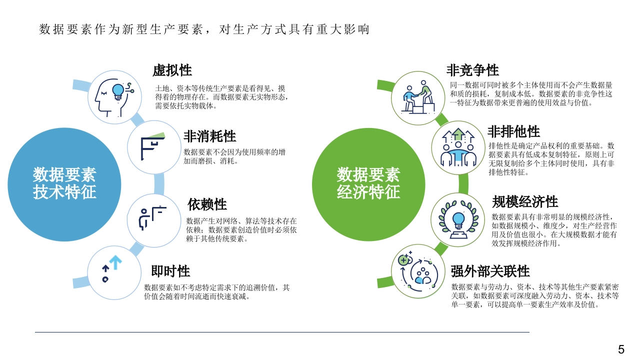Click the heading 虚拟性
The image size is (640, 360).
coord(172,70)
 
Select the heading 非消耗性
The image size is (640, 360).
coord(209,136)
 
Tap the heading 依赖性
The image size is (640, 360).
coord(207,204)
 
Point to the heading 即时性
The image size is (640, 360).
coord(170,271)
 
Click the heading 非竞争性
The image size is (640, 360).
coord(472,70)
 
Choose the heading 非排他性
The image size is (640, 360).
coord(513,131)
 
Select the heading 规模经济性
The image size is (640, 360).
coord(525,201)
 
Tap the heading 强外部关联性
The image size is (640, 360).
coord(490,271)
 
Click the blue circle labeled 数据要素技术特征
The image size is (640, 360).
coord(64,184)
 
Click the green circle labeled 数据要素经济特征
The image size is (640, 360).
coord(368,184)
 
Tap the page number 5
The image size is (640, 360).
coord(621,349)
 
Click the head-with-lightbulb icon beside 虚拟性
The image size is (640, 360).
coord(114,97)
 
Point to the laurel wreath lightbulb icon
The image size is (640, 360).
coord(458,219)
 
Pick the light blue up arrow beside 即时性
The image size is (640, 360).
coord(115,262)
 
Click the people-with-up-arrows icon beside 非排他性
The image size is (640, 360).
coord(458,147)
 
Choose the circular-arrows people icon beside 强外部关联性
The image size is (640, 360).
coord(418,271)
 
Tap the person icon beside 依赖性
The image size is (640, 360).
coord(143,219)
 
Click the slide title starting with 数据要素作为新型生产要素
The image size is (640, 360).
coord(204,29)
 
